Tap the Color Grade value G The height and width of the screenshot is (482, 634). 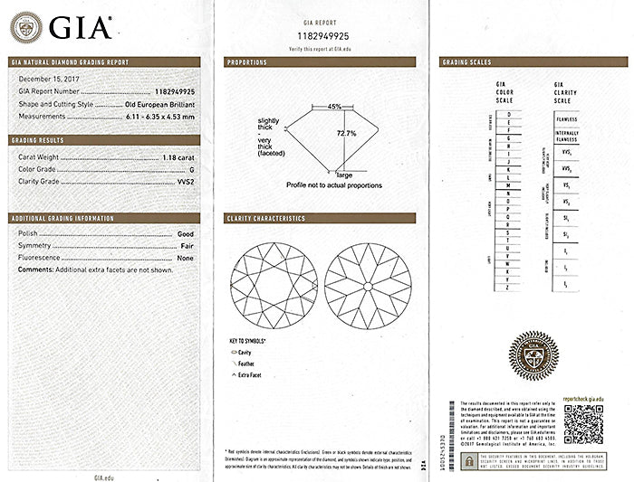click(193, 169)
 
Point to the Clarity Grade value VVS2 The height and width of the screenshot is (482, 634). click(187, 181)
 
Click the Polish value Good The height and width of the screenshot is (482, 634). click(187, 233)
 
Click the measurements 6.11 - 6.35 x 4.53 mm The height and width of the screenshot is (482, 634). click(159, 117)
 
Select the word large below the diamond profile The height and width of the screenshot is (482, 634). click(344, 174)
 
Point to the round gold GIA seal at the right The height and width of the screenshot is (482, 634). click(534, 355)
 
